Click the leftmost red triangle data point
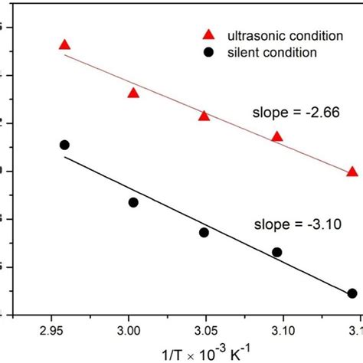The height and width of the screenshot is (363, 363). (64, 45)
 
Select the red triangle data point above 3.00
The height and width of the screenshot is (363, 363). (133, 93)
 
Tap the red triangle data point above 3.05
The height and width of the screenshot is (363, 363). (204, 116)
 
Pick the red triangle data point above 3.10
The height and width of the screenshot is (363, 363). (277, 136)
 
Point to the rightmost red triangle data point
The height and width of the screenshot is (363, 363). (352, 172)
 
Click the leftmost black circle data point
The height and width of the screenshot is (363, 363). (64, 145)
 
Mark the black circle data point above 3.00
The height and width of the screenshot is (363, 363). (133, 202)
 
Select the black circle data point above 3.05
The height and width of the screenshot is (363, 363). (204, 232)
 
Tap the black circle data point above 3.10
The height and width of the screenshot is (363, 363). (277, 252)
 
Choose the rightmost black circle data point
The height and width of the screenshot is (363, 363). (352, 293)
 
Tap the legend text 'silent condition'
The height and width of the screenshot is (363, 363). (265, 51)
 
